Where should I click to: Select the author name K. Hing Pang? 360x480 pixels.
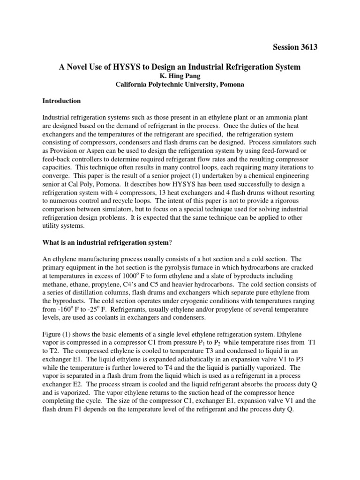[x=180, y=75]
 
